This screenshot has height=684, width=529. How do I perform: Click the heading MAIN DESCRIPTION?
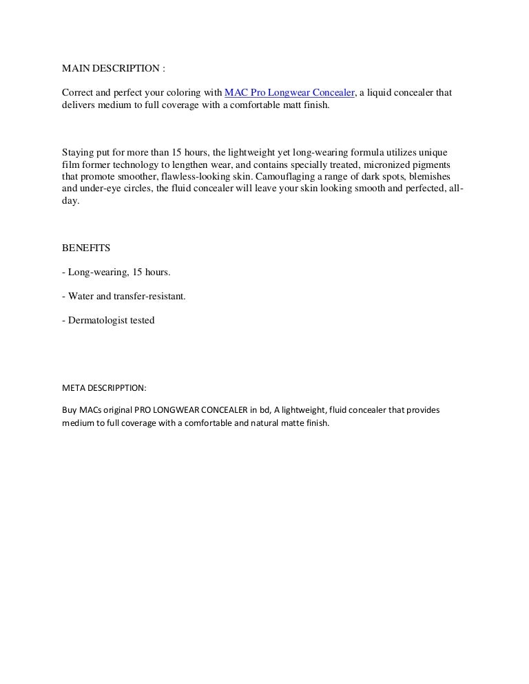114,70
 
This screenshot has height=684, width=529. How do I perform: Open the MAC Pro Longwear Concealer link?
289,92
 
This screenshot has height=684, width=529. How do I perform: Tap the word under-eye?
101,189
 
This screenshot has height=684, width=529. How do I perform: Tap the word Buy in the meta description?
70,410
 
